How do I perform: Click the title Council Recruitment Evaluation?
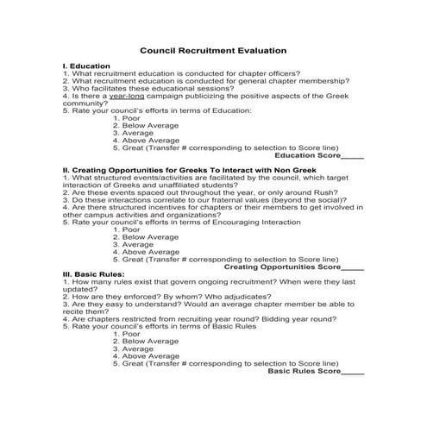213,50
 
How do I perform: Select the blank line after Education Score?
352,156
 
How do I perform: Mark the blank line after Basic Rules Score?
353,372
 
